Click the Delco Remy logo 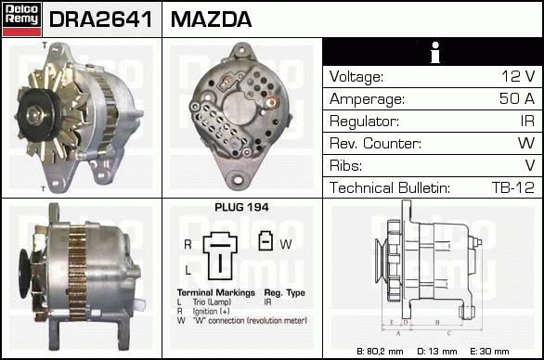click(21, 19)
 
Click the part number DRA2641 click(100, 19)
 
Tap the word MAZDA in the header click(211, 19)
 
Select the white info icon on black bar click(435, 52)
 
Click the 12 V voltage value click(518, 76)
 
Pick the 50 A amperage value click(517, 98)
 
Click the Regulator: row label click(364, 122)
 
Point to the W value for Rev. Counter click(526, 143)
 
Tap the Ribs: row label click(345, 165)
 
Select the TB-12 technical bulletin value click(513, 187)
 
